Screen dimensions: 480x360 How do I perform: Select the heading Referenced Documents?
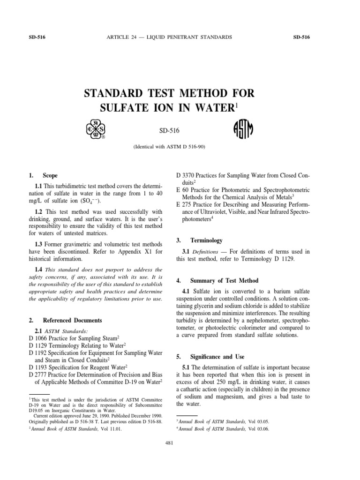72,321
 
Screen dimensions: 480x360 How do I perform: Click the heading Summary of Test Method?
223,281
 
